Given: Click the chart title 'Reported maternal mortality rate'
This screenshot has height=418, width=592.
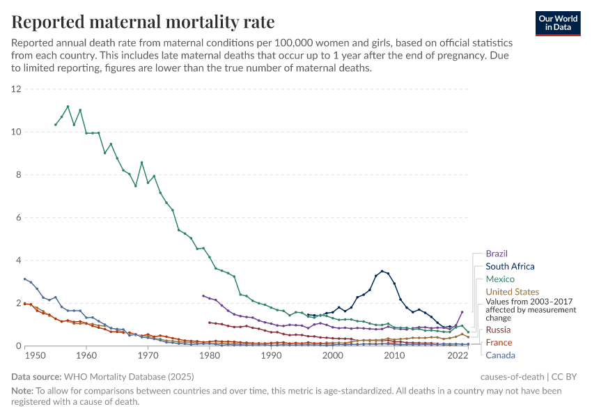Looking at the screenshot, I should click(x=143, y=22).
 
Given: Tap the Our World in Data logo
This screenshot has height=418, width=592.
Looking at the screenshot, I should click(x=558, y=22).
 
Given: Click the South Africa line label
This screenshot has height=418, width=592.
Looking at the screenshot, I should click(x=510, y=266).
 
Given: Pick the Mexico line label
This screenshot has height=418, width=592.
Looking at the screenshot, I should click(x=500, y=279).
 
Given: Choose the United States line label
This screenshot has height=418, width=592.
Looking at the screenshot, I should click(x=512, y=291).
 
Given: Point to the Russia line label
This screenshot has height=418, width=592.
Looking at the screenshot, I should click(x=499, y=330).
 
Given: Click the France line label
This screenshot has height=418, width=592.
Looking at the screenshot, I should click(x=499, y=342).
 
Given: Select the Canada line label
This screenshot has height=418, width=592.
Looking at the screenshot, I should click(x=501, y=355).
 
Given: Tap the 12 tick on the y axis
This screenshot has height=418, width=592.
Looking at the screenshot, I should click(x=17, y=89).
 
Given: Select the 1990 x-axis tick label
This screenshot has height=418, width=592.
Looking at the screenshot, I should click(x=271, y=355).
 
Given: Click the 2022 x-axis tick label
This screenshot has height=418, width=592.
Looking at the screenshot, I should click(x=457, y=355).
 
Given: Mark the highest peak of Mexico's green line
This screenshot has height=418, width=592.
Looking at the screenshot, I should click(x=68, y=107).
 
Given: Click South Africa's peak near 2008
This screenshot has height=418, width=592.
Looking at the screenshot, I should click(x=382, y=271).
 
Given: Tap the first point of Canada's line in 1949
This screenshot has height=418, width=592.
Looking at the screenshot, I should click(x=25, y=279).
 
